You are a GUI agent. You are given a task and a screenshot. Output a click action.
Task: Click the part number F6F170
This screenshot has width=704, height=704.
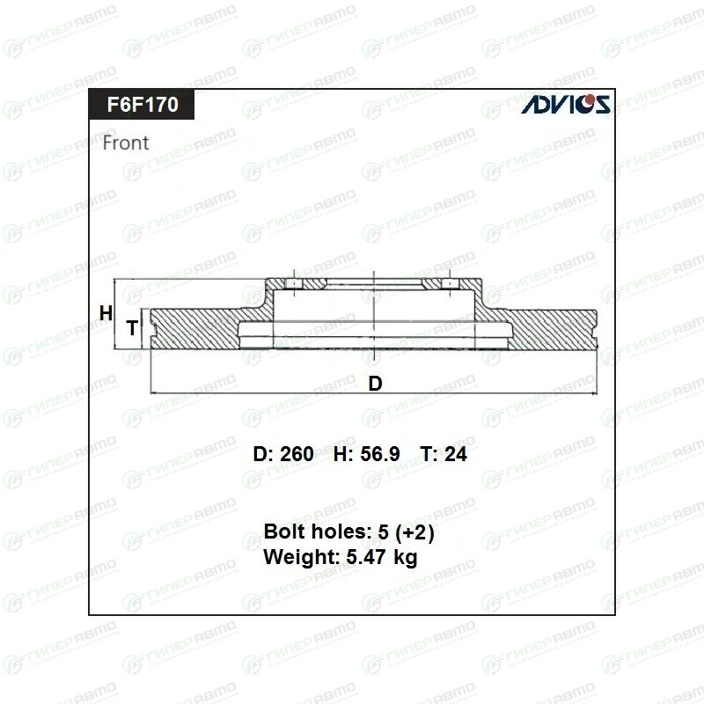click(x=143, y=104)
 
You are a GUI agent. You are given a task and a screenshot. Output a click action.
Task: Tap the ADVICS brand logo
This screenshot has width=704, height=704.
click(x=566, y=104)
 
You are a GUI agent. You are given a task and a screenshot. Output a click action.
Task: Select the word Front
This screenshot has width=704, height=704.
click(x=126, y=143)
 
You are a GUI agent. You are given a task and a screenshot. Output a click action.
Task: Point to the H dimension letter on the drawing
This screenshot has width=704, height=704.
click(x=106, y=313)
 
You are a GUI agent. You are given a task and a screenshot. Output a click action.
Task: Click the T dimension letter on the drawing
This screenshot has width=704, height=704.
click(x=132, y=327)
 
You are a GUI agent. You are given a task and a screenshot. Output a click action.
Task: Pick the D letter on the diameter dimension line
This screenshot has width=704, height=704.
click(x=376, y=384)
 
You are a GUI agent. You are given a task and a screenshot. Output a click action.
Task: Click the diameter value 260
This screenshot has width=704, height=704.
click(x=297, y=454)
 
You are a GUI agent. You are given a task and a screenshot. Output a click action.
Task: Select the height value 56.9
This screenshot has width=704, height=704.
click(x=380, y=454)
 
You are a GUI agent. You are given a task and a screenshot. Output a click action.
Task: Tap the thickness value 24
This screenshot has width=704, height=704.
click(x=456, y=454)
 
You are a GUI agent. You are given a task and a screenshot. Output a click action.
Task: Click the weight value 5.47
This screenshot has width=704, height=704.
click(x=366, y=557)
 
